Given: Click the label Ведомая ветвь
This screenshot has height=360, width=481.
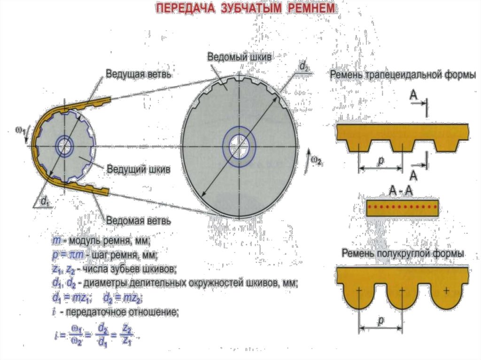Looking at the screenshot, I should [138, 219].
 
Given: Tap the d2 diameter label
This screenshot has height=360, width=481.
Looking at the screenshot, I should [303, 67].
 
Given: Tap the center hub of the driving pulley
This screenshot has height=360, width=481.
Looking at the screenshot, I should [65, 146].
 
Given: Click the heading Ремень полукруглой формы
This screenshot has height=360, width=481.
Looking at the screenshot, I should [403, 253].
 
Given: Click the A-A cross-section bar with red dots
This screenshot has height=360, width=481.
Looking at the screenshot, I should [403, 207].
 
